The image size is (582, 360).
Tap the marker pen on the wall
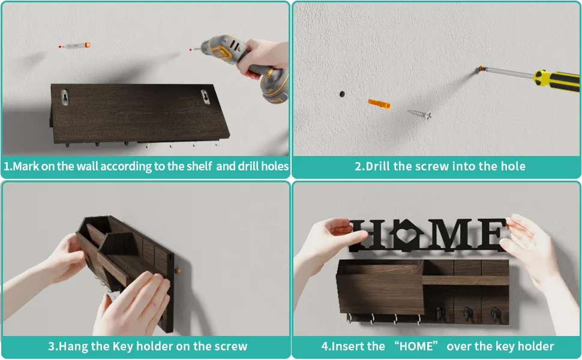(74, 45)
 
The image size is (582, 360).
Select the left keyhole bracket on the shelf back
(65, 97)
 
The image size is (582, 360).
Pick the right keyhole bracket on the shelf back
(205, 97)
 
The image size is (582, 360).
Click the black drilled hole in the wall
(342, 94)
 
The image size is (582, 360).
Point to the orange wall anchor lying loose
(379, 104)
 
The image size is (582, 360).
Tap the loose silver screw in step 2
(420, 114)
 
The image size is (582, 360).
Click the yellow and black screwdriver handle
(556, 80)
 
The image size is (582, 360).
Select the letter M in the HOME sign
(450, 235)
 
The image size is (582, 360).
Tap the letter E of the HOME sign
(491, 235)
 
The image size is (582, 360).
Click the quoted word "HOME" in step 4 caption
(416, 346)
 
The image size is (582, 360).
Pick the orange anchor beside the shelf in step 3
(178, 271)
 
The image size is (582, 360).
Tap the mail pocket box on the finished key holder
(380, 287)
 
